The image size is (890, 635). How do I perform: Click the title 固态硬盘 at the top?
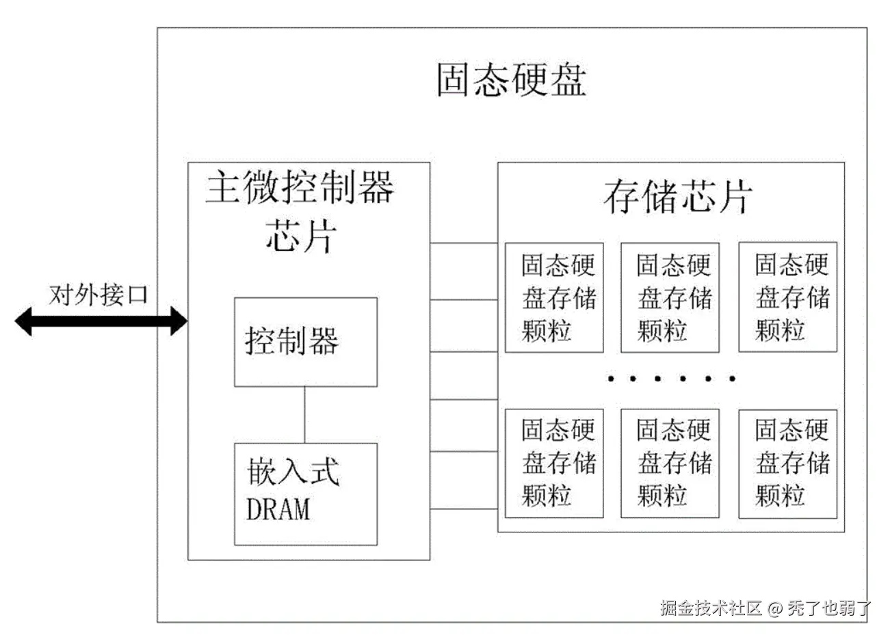pos(511,80)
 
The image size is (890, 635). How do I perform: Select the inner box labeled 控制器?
pos(305,342)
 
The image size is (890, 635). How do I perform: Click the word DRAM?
pos(278,509)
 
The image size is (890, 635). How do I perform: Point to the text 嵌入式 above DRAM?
pos(293,472)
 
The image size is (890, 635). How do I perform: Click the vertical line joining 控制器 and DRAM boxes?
pos(305,415)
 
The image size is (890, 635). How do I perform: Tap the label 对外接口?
pos(99,295)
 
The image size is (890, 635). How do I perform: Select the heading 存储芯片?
pos(677,197)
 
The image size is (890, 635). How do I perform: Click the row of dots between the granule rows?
pos(671,378)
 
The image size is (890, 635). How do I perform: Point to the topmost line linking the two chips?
pos(464,243)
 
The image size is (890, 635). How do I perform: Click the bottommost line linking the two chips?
pos(464,509)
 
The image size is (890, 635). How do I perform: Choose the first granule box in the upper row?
pos(554,297)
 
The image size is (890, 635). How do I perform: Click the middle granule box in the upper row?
pos(670,297)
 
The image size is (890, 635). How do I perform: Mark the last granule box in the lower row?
pos(788,463)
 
